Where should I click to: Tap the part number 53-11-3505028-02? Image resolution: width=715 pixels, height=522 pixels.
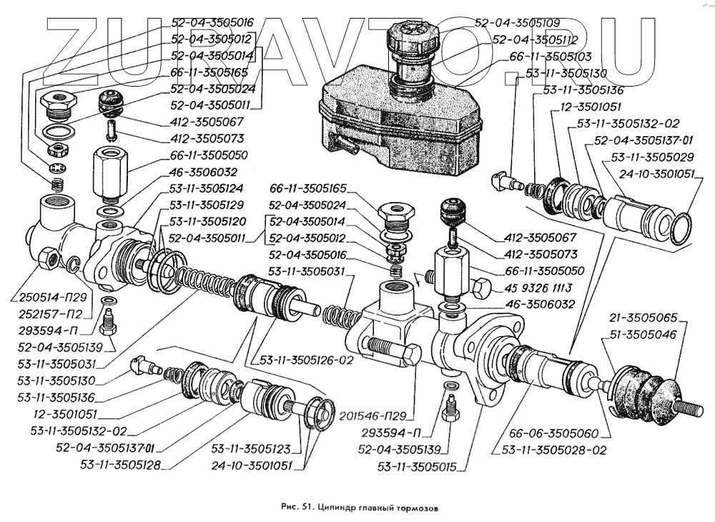551,451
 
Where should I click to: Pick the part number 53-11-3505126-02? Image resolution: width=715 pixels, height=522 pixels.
307,360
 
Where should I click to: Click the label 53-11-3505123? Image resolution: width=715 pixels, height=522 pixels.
251,450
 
